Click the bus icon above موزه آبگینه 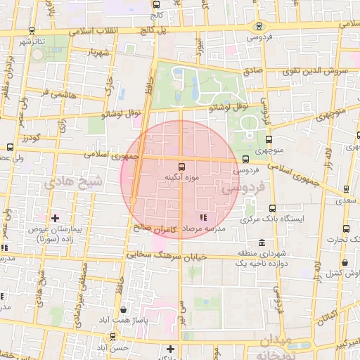click(x=182, y=167)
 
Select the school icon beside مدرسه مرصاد click(x=204, y=218)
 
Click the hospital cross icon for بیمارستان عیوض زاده click(x=54, y=218)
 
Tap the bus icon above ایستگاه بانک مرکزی click(x=273, y=208)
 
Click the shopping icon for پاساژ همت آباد click(x=124, y=309)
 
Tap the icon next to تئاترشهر click(x=31, y=32)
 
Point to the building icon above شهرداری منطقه click(x=258, y=241)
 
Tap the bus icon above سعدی click(x=346, y=188)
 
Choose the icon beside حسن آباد click(x=171, y=349)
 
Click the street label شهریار click(x=99, y=52)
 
